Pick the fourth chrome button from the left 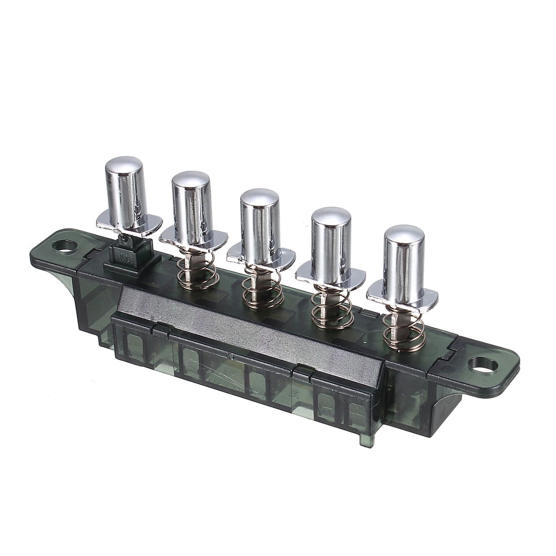(x=331, y=240)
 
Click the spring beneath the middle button (x=263, y=291)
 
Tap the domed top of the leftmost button (x=124, y=164)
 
